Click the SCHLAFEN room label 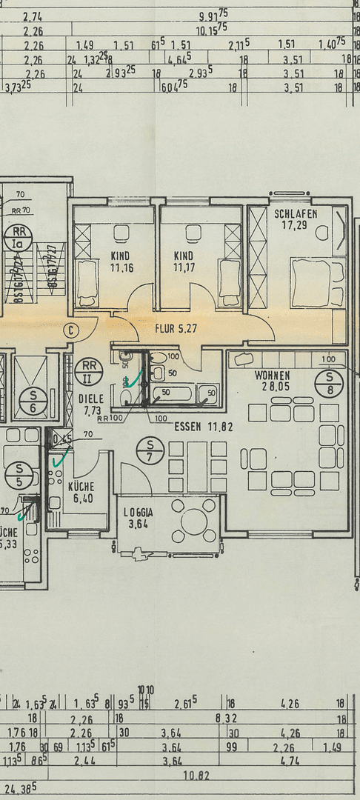(x=296, y=213)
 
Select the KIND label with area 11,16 (x=120, y=256)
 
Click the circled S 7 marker (x=150, y=449)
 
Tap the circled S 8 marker (x=328, y=383)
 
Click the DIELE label (x=90, y=397)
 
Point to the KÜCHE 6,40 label (x=81, y=493)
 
